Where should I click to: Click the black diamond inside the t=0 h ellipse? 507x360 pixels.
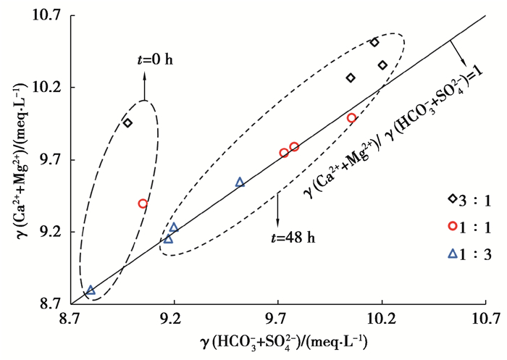pos(127,123)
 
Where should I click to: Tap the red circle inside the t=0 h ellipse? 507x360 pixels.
pos(143,204)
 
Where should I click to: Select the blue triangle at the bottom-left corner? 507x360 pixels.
pos(91,290)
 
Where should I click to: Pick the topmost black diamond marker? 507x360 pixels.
pos(374,42)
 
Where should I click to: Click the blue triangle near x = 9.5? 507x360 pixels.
pos(240,182)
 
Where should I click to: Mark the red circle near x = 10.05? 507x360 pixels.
pos(352,117)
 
